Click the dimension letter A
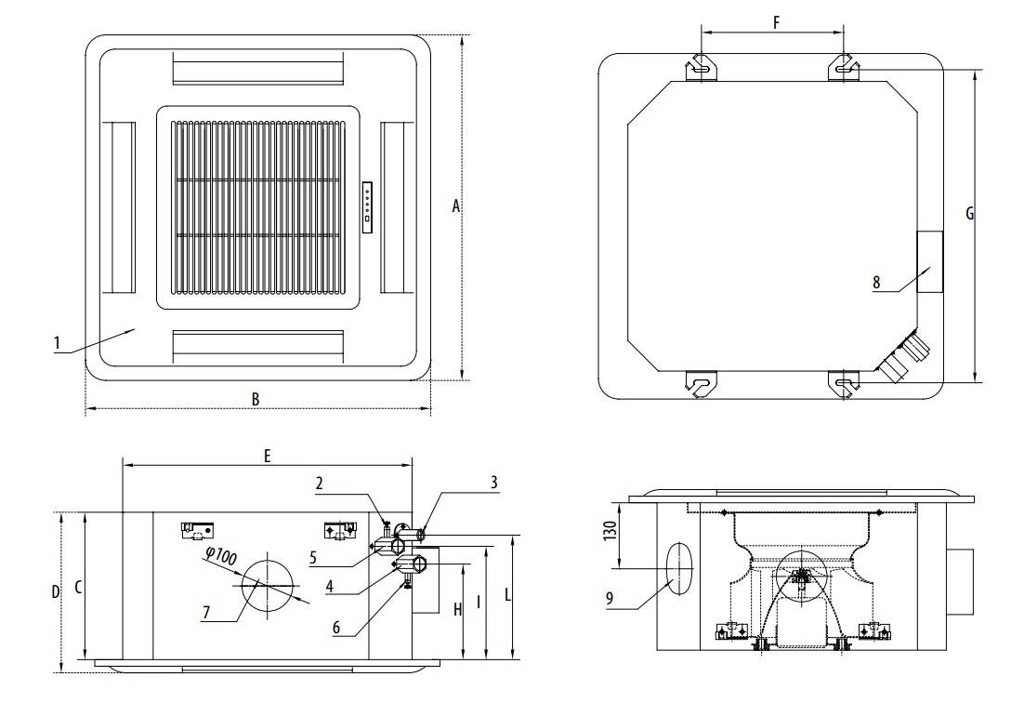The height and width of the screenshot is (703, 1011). tap(456, 206)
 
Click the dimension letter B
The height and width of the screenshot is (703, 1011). tap(256, 399)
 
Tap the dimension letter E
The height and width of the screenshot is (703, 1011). tap(267, 457)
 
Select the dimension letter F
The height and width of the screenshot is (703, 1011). tap(776, 23)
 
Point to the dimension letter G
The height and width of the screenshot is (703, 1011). tap(970, 214)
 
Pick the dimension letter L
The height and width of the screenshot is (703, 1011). tap(507, 594)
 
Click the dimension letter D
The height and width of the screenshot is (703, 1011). tap(56, 591)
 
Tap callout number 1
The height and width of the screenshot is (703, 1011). tap(57, 343)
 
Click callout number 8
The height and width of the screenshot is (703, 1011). tap(876, 283)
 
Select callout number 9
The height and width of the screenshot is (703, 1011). tap(610, 599)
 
